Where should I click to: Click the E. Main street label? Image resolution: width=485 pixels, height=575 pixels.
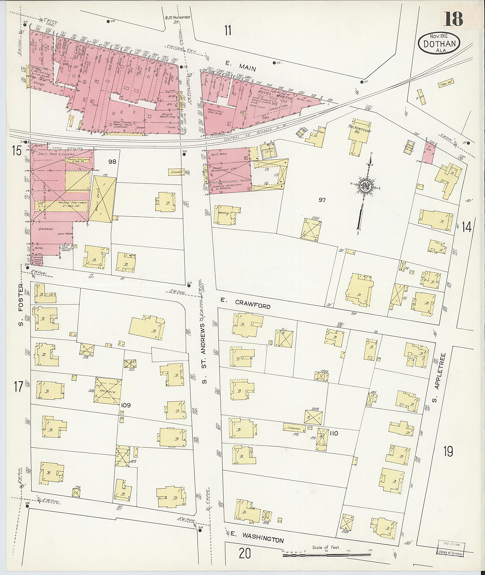tap(240, 66)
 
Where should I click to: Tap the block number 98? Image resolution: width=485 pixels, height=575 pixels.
tap(112, 162)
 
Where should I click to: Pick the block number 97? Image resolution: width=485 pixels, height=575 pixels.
tap(322, 200)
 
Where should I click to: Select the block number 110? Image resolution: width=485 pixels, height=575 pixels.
tap(334, 433)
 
